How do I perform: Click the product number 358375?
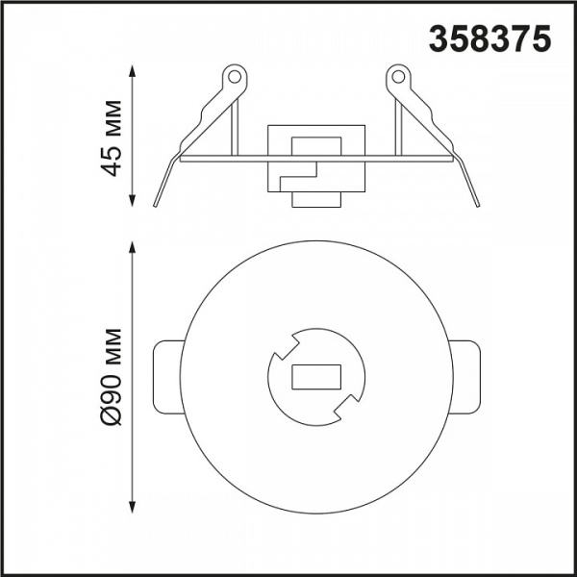coord(489,38)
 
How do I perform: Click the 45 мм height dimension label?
coord(111,138)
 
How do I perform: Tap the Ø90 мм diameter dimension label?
coord(111,377)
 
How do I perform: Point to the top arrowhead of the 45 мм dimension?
coord(133,71)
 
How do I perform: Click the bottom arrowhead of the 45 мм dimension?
coord(133,201)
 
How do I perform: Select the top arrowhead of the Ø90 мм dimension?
coord(133,247)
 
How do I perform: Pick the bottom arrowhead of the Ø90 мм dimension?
coord(133,507)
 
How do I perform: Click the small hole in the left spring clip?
coord(234,77)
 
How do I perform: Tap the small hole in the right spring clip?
coord(398,77)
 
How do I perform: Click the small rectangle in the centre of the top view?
coord(316,377)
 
